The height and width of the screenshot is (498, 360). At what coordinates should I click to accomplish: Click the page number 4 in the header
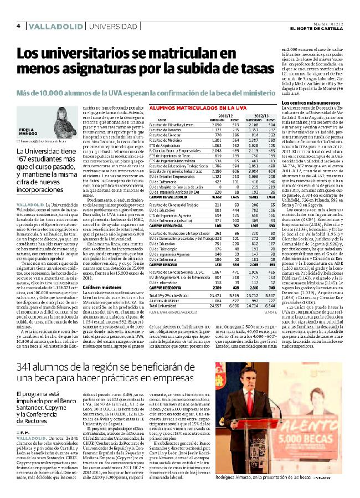(x=19, y=25)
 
